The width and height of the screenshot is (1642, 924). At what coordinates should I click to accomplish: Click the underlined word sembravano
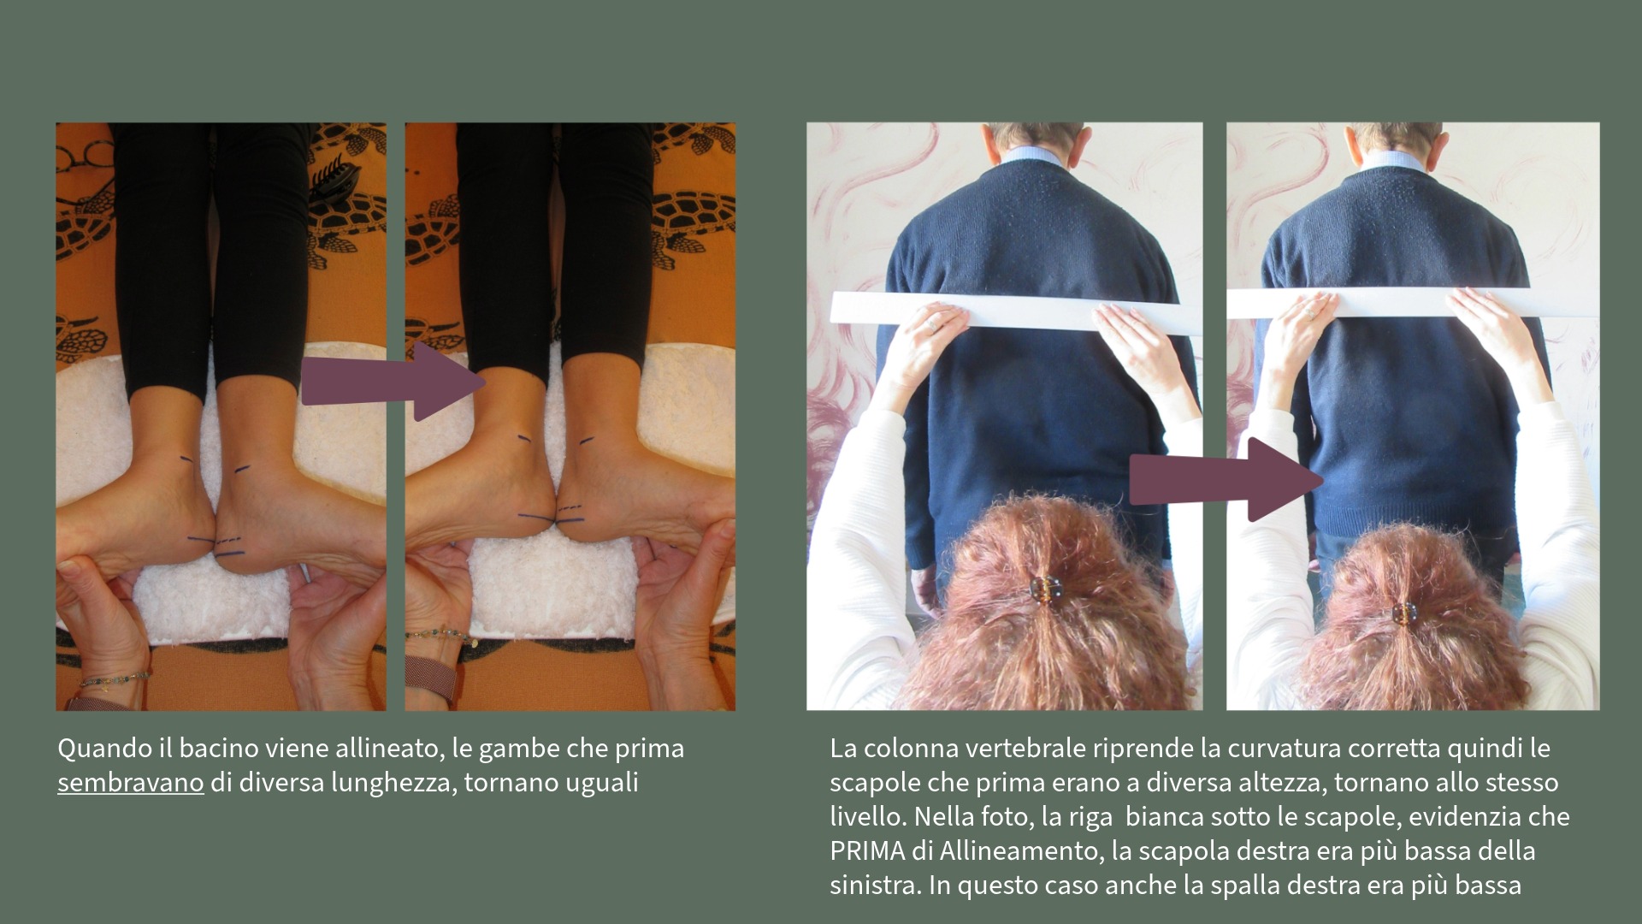click(130, 783)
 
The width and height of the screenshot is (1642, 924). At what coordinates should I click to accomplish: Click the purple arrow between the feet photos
click(393, 381)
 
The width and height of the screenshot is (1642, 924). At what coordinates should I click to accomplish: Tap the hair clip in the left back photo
click(1045, 589)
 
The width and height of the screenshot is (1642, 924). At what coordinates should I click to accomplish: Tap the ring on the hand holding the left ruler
click(933, 326)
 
